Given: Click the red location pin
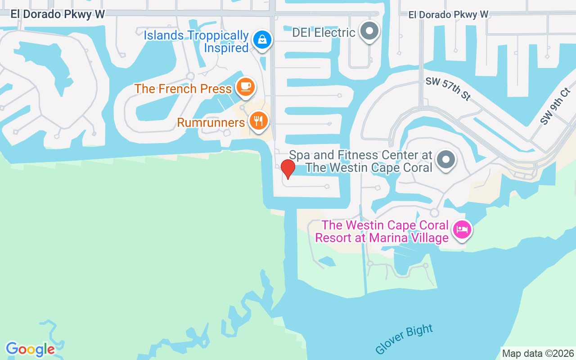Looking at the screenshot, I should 288,169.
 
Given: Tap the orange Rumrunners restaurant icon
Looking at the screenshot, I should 258,121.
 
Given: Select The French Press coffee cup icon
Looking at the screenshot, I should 245,85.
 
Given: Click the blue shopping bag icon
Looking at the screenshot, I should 262,40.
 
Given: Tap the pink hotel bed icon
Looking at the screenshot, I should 462,229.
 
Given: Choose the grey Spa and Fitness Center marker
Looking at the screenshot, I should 446,159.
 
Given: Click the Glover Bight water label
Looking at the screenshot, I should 404,339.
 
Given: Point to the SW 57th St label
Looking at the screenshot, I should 448,88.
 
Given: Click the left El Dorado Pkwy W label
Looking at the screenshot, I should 58,14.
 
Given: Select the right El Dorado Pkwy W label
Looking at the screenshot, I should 448,15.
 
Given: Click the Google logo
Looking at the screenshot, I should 30,349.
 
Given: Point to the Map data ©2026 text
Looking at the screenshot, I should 538,353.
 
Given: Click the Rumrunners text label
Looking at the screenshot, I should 211,122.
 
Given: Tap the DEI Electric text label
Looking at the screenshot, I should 324,32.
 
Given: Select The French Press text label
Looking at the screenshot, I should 183,89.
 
